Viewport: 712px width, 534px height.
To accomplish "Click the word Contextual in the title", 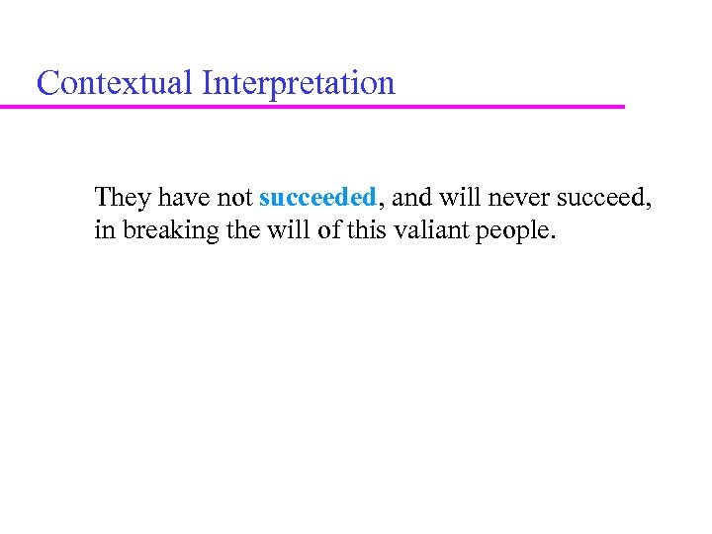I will click(115, 83).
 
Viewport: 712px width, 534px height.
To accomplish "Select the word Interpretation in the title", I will click(298, 84).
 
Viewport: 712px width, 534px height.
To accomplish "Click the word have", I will click(184, 197).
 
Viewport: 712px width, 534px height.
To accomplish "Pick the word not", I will click(235, 197).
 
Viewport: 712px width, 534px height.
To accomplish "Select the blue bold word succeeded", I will click(317, 197).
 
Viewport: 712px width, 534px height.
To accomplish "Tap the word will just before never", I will click(457, 197).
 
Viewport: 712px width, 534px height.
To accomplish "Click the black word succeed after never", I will click(600, 197).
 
